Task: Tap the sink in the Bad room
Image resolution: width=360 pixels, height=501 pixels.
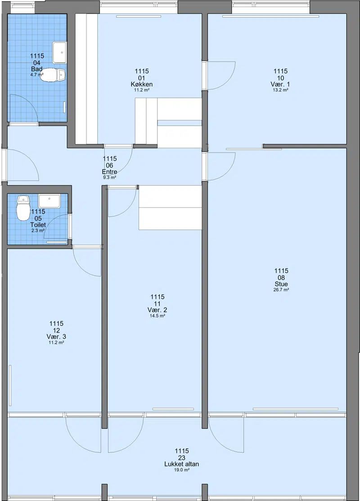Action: [x=59, y=53]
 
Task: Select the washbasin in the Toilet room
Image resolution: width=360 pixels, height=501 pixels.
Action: [x=49, y=201]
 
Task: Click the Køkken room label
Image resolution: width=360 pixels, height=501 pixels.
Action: [x=141, y=84]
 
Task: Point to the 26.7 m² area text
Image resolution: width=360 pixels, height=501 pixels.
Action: [x=281, y=290]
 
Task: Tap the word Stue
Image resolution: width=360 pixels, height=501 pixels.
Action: [x=281, y=284]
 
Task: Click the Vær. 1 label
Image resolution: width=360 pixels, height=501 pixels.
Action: [x=280, y=84]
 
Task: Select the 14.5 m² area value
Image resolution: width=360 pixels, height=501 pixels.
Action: [x=157, y=316]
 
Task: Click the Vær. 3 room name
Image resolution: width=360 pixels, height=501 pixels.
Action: [x=56, y=337]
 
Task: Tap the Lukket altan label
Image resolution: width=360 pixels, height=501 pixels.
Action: [x=181, y=464]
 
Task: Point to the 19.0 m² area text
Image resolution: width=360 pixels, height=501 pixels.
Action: [x=182, y=470]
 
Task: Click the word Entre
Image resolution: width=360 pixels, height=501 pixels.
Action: [x=109, y=172]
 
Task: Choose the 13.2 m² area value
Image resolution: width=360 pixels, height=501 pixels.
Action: [x=280, y=90]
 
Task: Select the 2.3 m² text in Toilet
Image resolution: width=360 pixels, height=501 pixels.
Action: [x=38, y=230]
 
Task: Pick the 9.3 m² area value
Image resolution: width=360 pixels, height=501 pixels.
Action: [x=109, y=177]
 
